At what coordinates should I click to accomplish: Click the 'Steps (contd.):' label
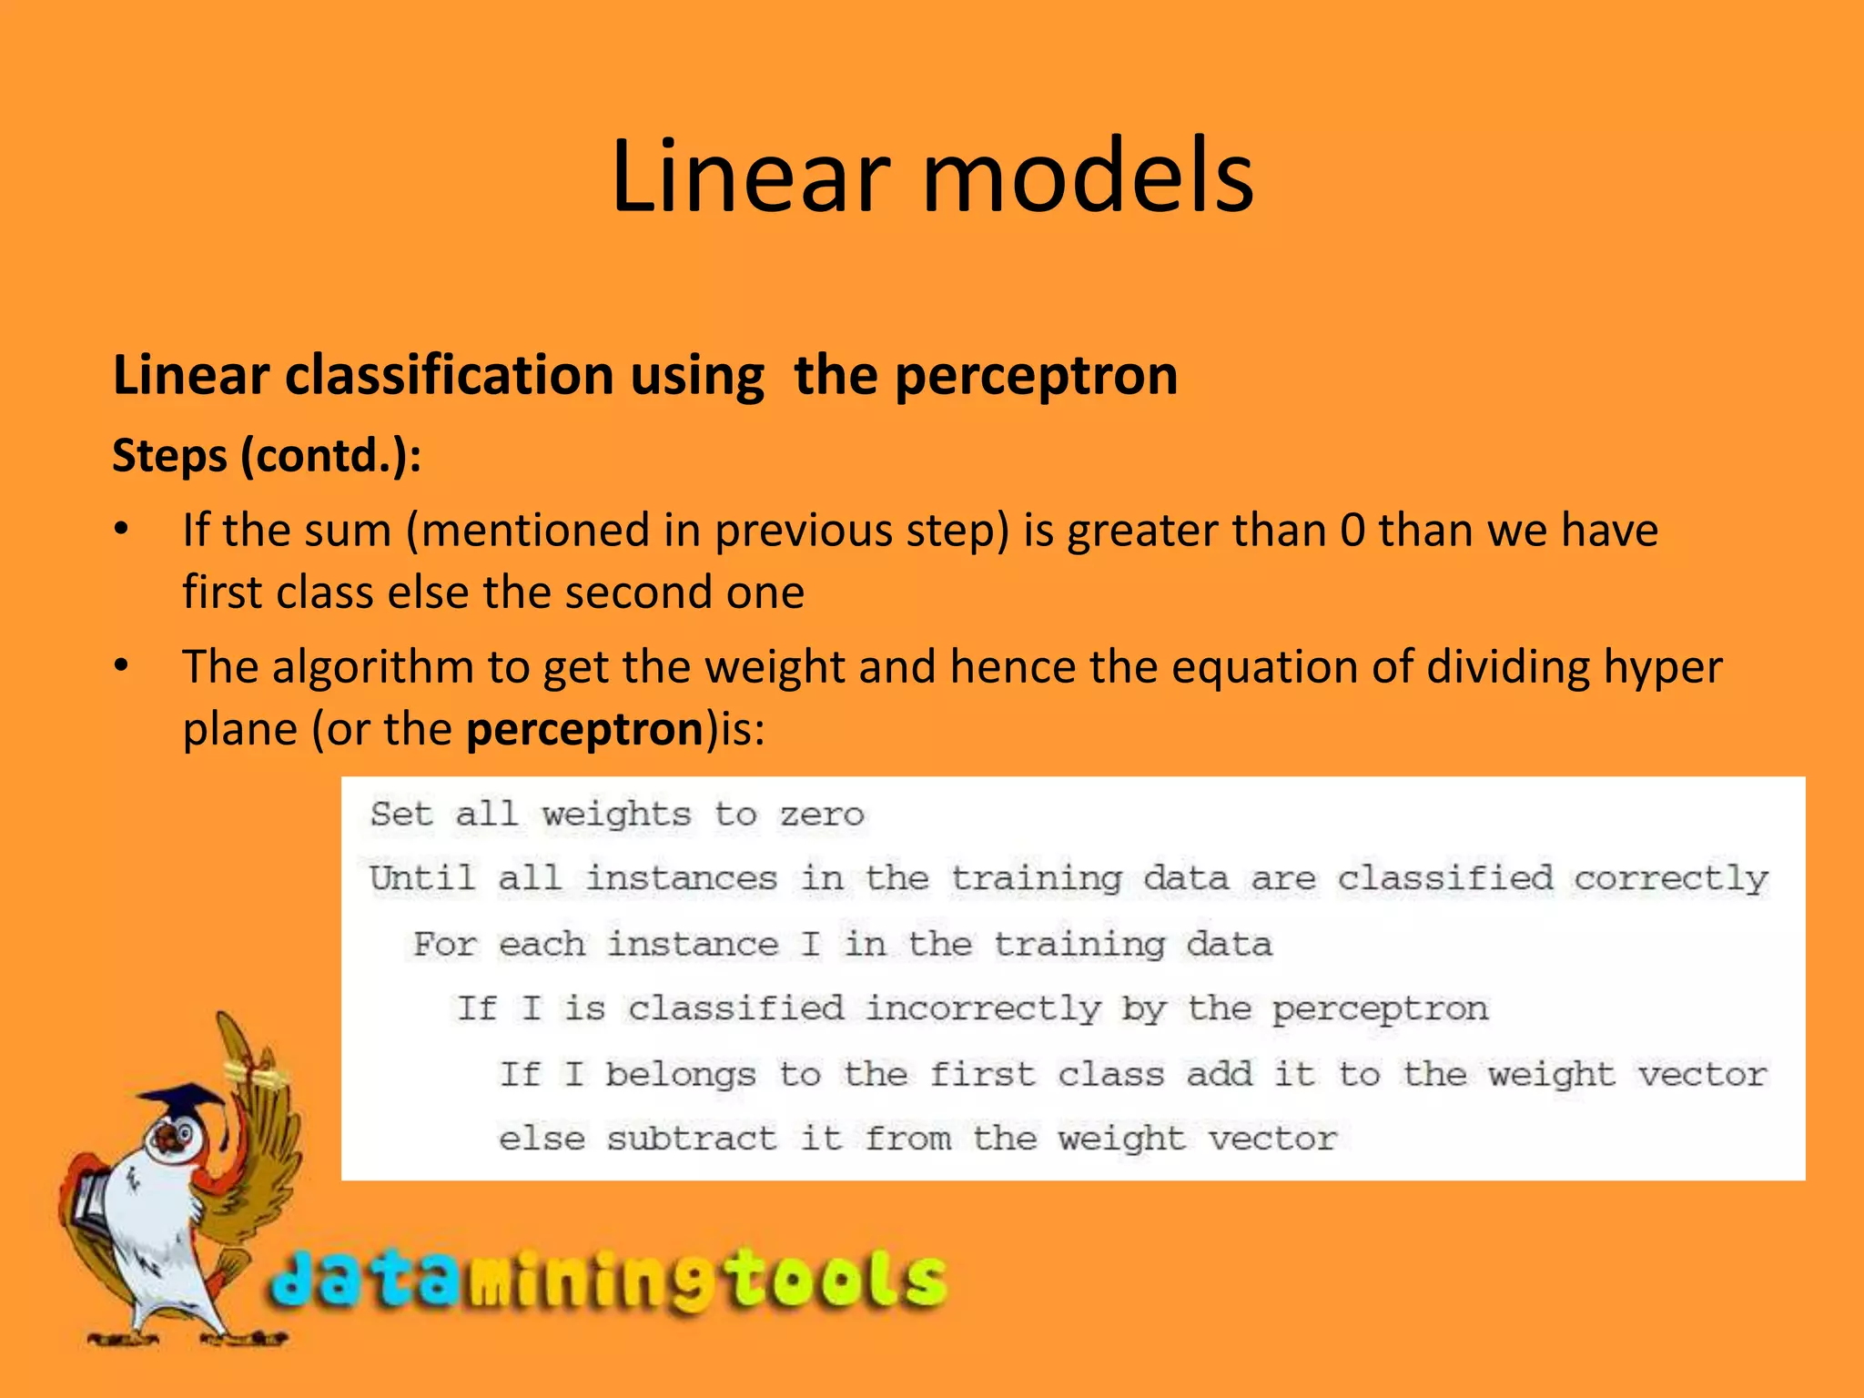(x=267, y=455)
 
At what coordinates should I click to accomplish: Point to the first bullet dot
(x=122, y=530)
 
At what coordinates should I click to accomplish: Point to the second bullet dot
(x=122, y=667)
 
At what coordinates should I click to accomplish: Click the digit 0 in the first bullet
(x=1352, y=531)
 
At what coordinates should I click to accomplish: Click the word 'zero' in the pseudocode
(x=821, y=814)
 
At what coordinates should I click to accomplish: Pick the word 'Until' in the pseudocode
(x=421, y=878)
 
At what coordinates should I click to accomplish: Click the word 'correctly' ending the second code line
(x=1671, y=879)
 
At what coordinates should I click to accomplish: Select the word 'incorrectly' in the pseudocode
(x=982, y=1009)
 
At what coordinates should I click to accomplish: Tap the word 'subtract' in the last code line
(x=692, y=1139)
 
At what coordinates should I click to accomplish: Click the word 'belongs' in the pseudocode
(x=680, y=1075)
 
